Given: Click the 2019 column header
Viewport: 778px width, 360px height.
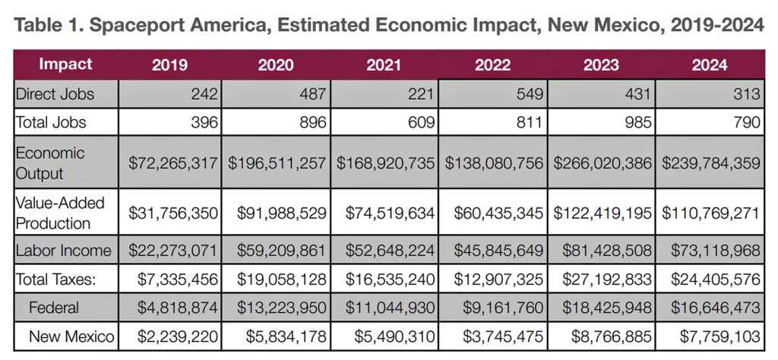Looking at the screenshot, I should click(170, 65).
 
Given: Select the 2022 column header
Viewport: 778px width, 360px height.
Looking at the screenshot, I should click(492, 65).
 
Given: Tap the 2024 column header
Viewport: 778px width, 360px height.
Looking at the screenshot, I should click(710, 65).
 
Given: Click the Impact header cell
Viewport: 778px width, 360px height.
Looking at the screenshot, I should click(65, 64).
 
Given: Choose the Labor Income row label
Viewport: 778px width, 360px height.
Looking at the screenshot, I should click(63, 250).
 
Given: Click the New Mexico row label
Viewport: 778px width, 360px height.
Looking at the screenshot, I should click(72, 336).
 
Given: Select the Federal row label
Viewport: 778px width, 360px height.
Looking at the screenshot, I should click(55, 308).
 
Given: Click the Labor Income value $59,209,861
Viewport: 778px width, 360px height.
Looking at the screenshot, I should click(277, 250).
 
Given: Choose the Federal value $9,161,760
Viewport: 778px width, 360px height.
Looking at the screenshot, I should click(498, 308).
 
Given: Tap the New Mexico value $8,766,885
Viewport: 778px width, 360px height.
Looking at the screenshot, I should click(606, 336).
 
